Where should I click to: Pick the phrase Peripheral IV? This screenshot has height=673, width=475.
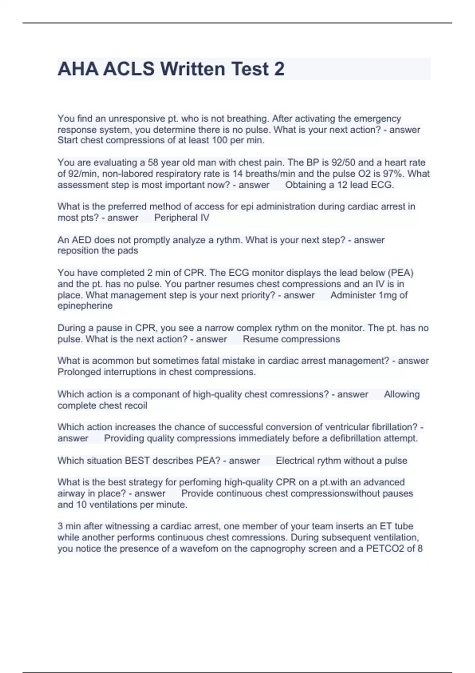[182, 217]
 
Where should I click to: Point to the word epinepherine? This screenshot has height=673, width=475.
[85, 306]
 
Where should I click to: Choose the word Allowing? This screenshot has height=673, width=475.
[402, 394]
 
